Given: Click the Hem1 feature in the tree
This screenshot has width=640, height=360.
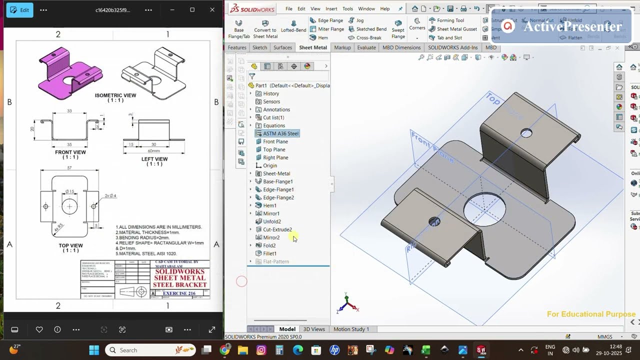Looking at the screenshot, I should pyautogui.click(x=269, y=205).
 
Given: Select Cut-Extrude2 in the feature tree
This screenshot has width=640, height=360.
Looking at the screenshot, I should pyautogui.click(x=277, y=229).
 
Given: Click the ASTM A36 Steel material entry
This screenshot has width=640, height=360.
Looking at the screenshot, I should pyautogui.click(x=280, y=133).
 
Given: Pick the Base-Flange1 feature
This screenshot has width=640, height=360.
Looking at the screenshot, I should pyautogui.click(x=277, y=181).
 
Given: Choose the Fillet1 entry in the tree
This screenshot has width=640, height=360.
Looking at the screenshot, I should pyautogui.click(x=269, y=253).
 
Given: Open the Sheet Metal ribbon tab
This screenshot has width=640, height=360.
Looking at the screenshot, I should pyautogui.click(x=312, y=47).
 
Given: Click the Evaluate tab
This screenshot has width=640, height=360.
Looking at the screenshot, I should pyautogui.click(x=366, y=47).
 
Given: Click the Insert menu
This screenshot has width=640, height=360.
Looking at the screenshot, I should pyautogui.click(x=331, y=8).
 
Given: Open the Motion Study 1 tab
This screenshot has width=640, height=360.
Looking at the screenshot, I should pyautogui.click(x=351, y=329).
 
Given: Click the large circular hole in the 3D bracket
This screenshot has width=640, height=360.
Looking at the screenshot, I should pyautogui.click(x=484, y=208).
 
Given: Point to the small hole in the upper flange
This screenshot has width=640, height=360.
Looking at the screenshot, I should pyautogui.click(x=526, y=133).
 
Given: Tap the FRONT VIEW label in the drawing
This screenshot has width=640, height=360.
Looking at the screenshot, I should pyautogui.click(x=70, y=152).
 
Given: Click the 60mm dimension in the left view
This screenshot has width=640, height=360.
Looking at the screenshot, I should pyautogui.click(x=153, y=150).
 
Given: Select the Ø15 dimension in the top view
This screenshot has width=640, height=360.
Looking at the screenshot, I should pyautogui.click(x=69, y=191).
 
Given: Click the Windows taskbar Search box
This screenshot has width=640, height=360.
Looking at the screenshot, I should pyautogui.click(x=150, y=350).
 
